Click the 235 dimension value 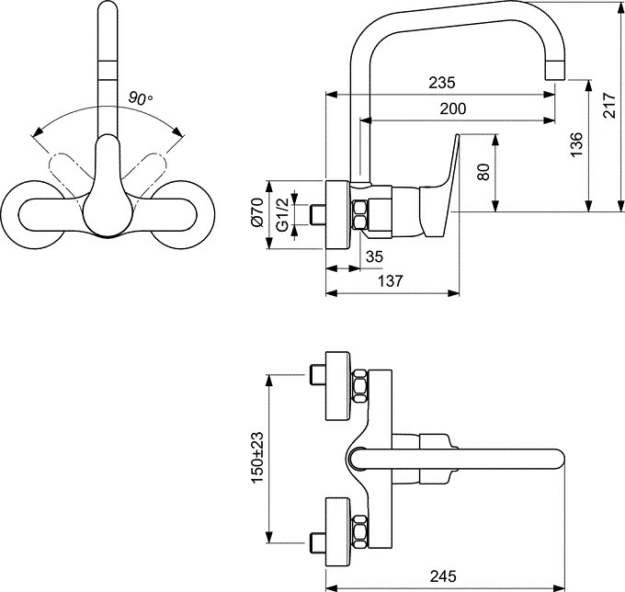point(442,83)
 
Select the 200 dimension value point(453,108)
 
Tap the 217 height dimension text point(609,105)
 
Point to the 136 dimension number point(576,144)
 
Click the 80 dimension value point(483,172)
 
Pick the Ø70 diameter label point(257,212)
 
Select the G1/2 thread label point(282,214)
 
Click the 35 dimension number point(374,256)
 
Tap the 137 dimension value point(391,281)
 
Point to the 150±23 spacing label point(257,457)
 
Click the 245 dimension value point(443,576)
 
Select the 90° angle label point(141,98)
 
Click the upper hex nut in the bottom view point(359,386)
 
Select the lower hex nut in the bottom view point(359,531)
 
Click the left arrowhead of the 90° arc point(38,132)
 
